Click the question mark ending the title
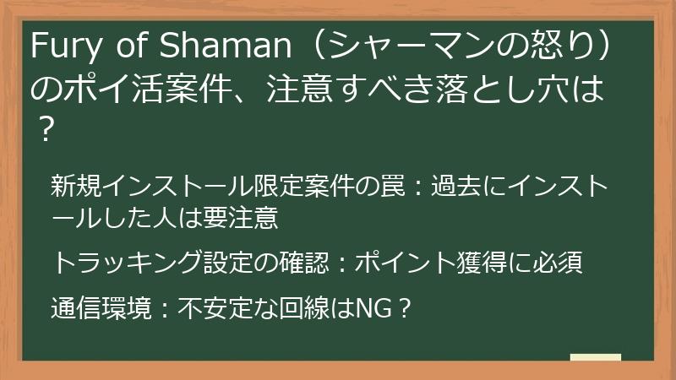(x=47, y=128)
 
